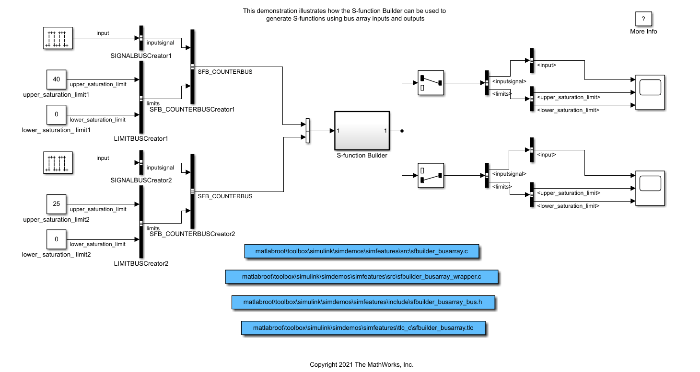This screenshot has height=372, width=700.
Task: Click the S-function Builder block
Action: pos(362,131)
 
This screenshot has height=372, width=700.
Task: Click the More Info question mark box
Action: pos(643,19)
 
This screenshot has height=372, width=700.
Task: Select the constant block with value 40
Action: pos(57,79)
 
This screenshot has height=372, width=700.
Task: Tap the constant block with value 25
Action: pos(57,204)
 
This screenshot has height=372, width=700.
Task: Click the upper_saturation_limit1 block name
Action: pos(57,95)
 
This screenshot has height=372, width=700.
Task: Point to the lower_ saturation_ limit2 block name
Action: pos(57,254)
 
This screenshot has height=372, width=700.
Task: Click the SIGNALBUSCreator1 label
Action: pos(140,56)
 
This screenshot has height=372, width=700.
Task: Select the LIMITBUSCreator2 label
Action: pos(140,264)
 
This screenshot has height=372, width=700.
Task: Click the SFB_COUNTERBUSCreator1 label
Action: pos(192,109)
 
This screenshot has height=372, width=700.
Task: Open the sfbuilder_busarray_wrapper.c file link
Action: pos(362,277)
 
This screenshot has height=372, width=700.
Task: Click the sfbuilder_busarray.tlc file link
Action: pos(363,328)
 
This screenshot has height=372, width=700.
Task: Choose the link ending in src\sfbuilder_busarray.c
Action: pos(362,251)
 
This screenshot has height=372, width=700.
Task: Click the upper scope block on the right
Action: pos(650,92)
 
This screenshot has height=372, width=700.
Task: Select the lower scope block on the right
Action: pos(650,188)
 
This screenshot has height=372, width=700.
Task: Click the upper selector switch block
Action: pos(431,83)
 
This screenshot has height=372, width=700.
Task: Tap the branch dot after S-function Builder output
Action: pos(402,131)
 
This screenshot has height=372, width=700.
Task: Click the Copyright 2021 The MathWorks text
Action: pos(361,364)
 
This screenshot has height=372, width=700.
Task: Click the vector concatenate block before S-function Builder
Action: pos(307,131)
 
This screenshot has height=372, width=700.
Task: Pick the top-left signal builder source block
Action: pos(58,38)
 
